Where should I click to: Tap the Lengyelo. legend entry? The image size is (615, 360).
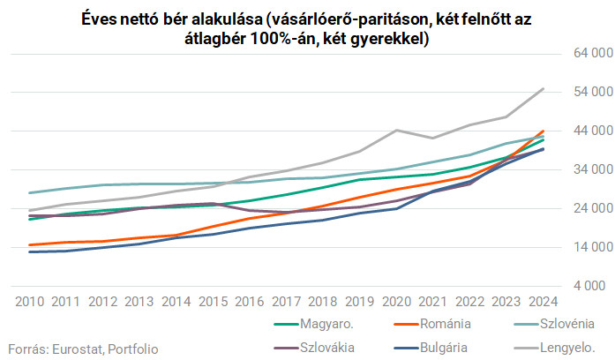click(562, 347)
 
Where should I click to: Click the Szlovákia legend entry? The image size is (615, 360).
click(329, 347)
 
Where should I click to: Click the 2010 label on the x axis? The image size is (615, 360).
click(31, 301)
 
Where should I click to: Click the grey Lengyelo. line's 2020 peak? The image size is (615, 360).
click(396, 130)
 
